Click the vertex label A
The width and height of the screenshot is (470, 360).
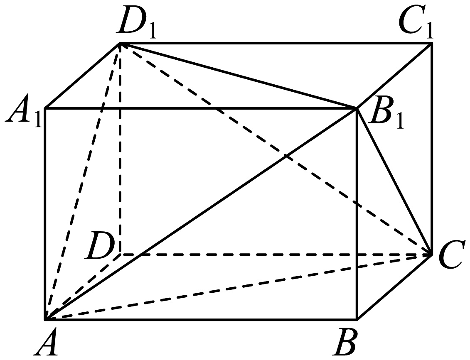[46, 342]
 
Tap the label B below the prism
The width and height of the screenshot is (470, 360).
[346, 342]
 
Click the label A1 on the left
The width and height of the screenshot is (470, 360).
[23, 111]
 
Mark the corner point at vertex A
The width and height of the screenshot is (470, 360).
[45, 319]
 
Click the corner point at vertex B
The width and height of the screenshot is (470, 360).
[357, 319]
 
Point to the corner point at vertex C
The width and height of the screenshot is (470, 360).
[432, 255]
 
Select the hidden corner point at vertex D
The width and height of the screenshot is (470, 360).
[121, 255]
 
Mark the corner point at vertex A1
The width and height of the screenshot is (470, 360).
[45, 108]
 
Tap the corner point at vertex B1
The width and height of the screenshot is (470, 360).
[357, 108]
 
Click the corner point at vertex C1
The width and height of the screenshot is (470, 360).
[432, 44]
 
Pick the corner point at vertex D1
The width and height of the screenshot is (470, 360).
[120, 44]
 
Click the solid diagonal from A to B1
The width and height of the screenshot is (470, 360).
[201, 213]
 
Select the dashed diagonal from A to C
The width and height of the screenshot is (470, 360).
[238, 287]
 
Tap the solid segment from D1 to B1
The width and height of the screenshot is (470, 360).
[239, 76]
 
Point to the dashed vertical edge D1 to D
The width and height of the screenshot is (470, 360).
[121, 149]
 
